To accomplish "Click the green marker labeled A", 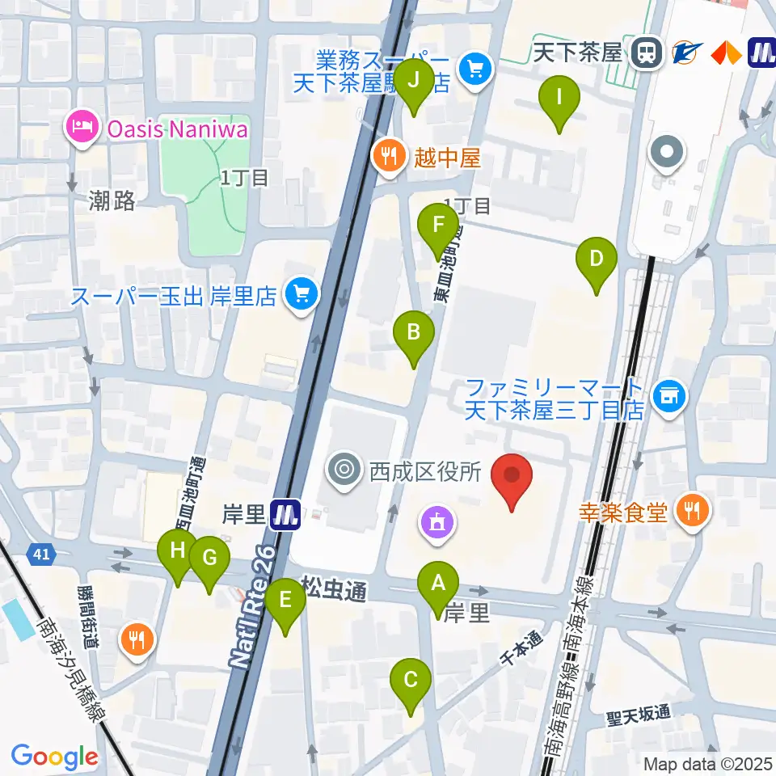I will click(x=438, y=583).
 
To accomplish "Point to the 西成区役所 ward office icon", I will click(x=345, y=470).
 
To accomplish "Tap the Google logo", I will click(x=54, y=757).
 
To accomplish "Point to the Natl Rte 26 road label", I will click(x=255, y=606).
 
